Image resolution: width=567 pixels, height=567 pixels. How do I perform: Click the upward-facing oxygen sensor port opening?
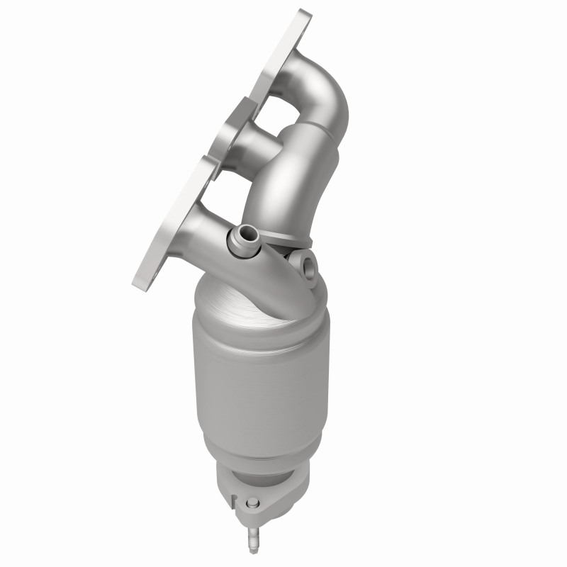tap(245, 232)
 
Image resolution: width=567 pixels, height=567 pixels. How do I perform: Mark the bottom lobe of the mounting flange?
tap(159, 234)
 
